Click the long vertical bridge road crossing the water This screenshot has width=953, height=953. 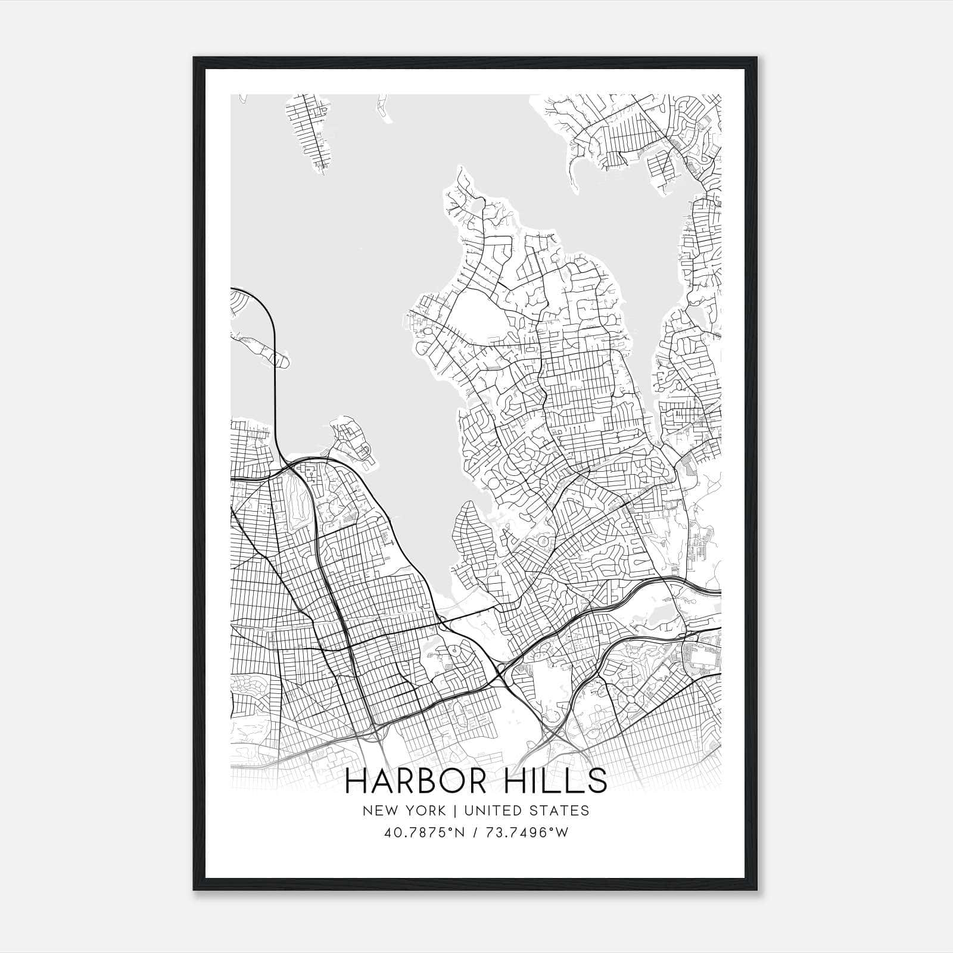(276, 387)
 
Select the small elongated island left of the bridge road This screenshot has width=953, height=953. (262, 349)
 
